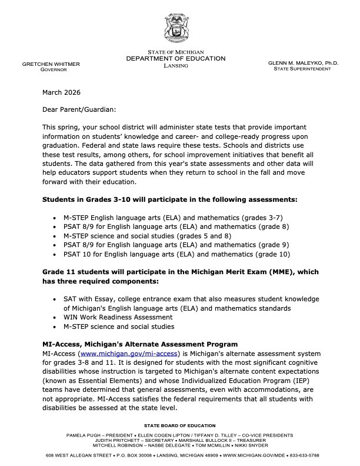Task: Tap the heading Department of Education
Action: (x=176, y=59)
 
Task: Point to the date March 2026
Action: (x=61, y=92)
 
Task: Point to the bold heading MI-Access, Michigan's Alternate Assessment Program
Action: (x=140, y=344)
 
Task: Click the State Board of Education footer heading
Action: (x=179, y=425)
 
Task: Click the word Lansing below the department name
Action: (x=176, y=66)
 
